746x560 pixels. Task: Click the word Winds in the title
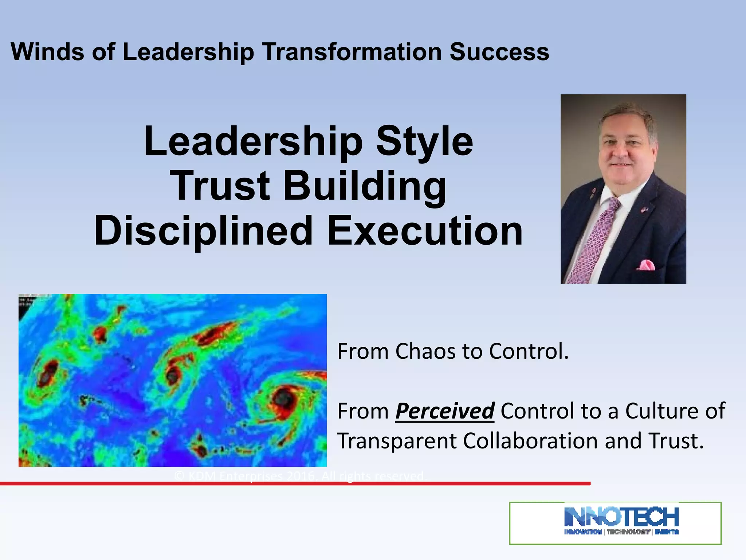point(47,52)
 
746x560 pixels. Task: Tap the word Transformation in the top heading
point(351,52)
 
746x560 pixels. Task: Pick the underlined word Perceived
point(445,411)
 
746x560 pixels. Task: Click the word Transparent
point(397,441)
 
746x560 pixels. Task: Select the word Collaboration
point(531,441)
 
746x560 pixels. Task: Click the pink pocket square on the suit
point(646,265)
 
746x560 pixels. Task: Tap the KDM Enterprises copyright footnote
point(299,476)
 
